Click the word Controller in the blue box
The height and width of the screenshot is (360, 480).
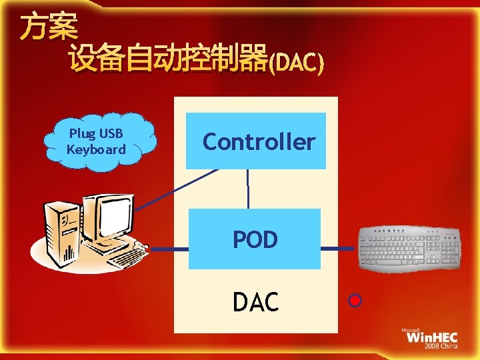point(259,142)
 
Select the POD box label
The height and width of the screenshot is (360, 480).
point(255,239)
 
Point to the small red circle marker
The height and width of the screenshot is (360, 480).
point(355,301)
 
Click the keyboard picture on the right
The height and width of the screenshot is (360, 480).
point(409,248)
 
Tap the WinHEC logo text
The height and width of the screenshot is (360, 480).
point(432,337)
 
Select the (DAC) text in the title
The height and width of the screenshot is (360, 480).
point(295,63)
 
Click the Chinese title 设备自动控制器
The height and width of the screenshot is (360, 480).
point(167,60)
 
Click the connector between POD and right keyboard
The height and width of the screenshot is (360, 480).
point(339,249)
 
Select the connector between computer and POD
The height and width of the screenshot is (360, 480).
point(169,249)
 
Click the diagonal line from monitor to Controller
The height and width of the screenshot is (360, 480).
point(177,190)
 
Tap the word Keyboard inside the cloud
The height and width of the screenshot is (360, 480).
point(96,149)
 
